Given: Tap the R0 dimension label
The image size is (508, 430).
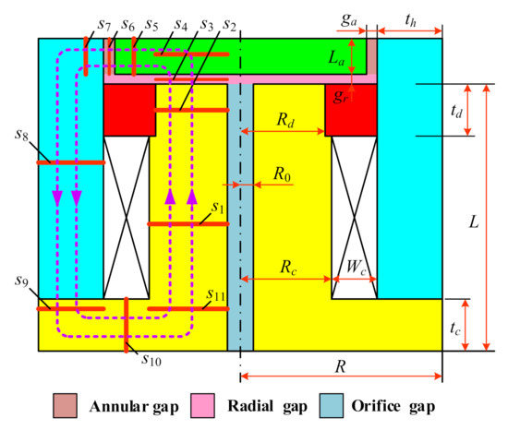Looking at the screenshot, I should [x=282, y=172].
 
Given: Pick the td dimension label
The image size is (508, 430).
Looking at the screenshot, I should [x=479, y=110].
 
